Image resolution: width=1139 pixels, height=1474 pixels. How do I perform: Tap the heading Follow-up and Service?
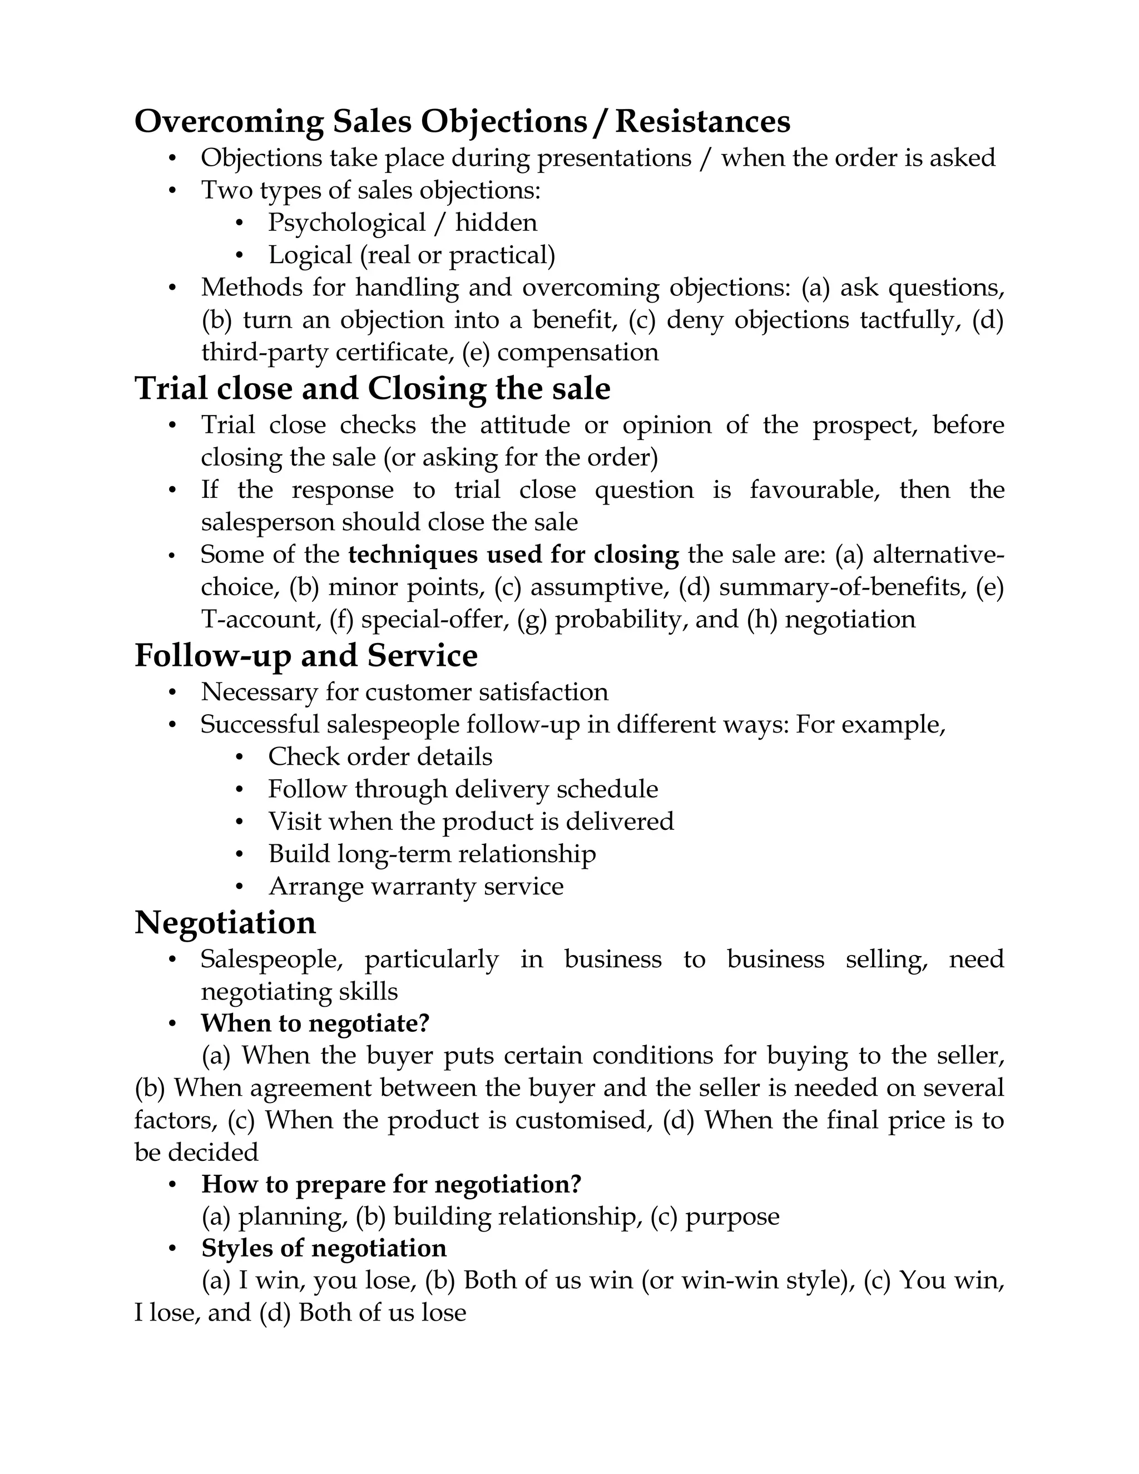[x=306, y=656]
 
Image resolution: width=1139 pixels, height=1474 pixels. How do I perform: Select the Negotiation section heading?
[x=225, y=923]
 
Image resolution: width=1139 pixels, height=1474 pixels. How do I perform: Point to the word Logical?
[x=310, y=255]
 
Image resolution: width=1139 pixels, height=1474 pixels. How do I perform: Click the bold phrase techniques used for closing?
[x=513, y=555]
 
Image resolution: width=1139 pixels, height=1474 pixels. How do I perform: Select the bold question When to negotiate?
[x=314, y=1023]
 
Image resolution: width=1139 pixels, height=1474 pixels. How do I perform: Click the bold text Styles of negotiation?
[x=324, y=1248]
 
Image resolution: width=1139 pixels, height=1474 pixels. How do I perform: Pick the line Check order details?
[x=380, y=756]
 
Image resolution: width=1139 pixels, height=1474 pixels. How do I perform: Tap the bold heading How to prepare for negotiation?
[x=392, y=1184]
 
